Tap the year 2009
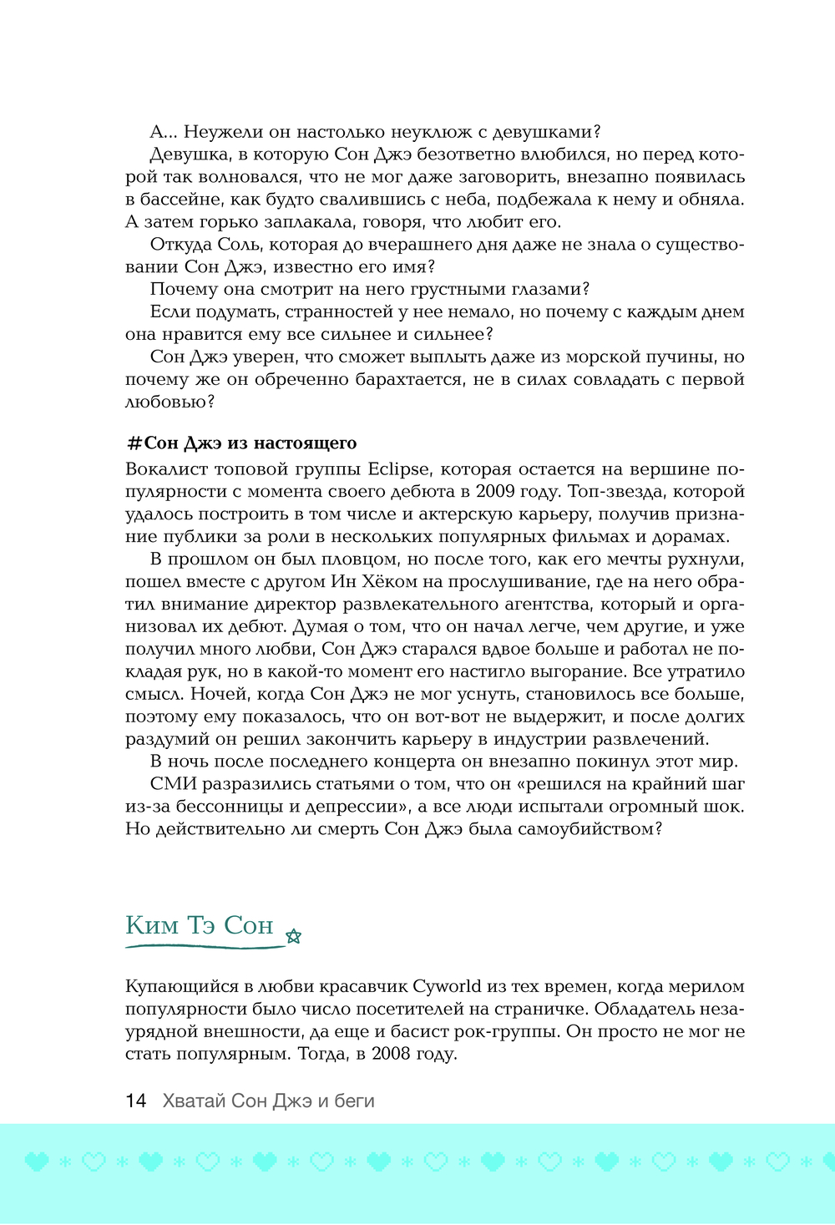(496, 492)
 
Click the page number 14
(135, 1101)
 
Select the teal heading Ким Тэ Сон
(200, 925)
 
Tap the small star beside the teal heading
(293, 936)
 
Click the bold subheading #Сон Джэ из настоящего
(240, 443)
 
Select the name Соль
(240, 245)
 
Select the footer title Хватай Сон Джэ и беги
(268, 1101)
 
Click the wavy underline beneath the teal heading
(205, 946)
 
